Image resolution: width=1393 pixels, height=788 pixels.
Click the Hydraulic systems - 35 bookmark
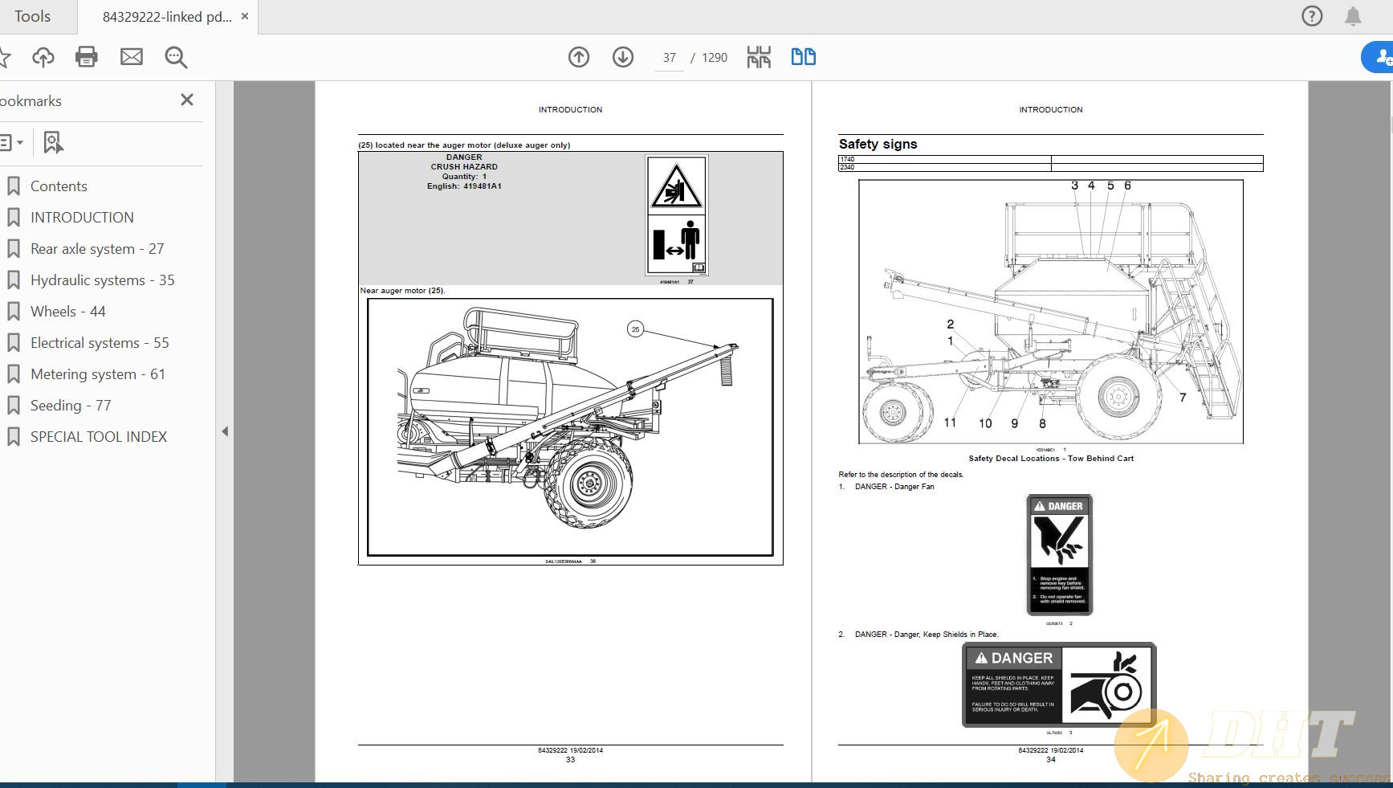click(x=102, y=280)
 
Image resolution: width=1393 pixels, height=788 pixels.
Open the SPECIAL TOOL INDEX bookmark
click(x=98, y=437)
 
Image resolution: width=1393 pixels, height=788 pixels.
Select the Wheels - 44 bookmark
click(x=67, y=312)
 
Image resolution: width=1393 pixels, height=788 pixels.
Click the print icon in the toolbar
click(x=86, y=57)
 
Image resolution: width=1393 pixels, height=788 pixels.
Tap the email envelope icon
click(x=132, y=57)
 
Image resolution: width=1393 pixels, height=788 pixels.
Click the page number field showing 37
click(x=669, y=58)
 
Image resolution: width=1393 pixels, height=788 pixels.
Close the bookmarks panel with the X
click(x=187, y=100)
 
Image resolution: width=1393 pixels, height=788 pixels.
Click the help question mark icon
click(x=1312, y=16)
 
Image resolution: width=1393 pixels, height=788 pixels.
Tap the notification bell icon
click(x=1353, y=16)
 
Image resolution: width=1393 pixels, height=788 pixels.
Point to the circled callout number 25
click(x=635, y=329)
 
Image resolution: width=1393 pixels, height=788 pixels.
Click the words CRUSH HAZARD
click(x=464, y=167)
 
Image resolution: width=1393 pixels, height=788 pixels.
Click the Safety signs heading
click(x=878, y=145)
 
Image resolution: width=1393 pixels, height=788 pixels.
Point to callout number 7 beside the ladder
click(x=1183, y=398)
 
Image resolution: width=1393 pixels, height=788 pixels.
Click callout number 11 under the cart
click(x=950, y=423)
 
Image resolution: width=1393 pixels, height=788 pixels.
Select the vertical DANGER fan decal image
click(x=1060, y=554)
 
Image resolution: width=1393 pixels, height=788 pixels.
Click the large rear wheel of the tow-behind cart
click(x=1118, y=396)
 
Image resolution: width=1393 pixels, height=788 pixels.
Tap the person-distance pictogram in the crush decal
click(x=676, y=243)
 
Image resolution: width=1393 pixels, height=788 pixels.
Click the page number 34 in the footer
click(x=1050, y=760)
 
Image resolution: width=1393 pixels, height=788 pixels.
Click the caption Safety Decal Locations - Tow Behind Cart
click(x=1050, y=459)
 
